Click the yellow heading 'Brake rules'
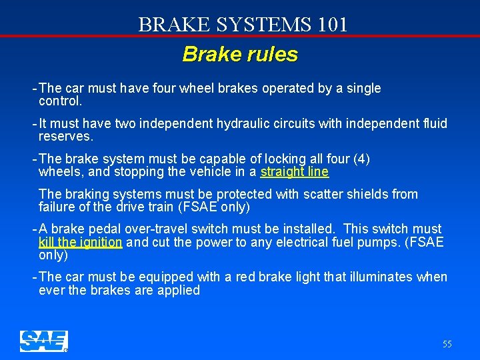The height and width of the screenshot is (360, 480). (240, 54)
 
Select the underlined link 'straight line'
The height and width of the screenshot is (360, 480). (294, 172)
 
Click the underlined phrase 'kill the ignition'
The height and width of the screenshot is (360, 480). (80, 243)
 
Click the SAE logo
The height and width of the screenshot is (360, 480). (43, 341)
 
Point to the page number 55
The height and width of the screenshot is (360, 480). (447, 344)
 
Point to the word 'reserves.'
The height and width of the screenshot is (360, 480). (66, 137)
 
